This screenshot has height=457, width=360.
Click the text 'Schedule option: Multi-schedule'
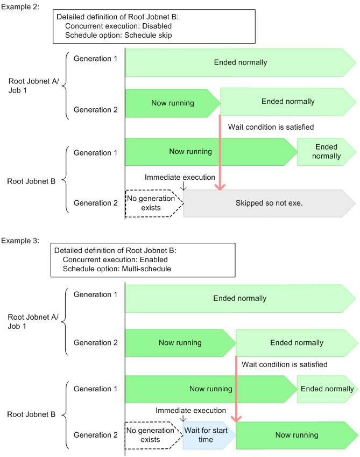(x=117, y=268)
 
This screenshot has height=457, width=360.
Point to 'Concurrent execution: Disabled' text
(x=118, y=26)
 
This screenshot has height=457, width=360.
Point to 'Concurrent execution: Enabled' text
(x=117, y=259)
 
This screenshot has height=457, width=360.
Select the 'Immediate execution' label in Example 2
(x=180, y=177)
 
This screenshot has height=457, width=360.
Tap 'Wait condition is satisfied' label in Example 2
(x=271, y=127)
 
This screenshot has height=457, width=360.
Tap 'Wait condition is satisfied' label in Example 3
(x=284, y=364)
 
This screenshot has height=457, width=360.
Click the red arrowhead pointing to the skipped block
(x=220, y=186)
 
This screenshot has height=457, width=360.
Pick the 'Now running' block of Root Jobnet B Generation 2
(x=296, y=435)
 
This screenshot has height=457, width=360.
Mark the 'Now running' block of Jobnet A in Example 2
(x=172, y=103)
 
